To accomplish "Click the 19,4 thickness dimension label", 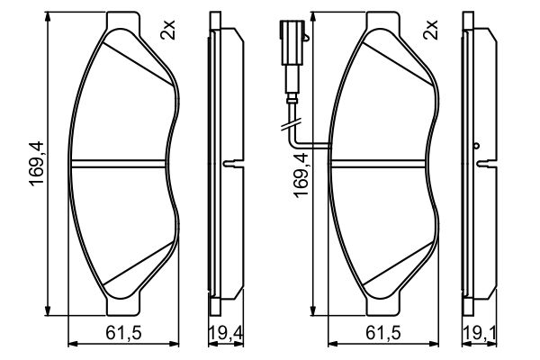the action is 226,334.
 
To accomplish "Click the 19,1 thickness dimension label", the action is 480,334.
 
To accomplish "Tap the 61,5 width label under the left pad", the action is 124,333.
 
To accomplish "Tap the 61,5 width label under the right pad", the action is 383,333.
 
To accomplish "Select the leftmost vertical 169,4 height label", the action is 37,164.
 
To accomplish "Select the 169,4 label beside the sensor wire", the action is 301,175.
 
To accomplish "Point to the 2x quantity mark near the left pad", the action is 168,30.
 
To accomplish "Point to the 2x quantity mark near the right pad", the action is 430,30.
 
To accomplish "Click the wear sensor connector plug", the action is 292,43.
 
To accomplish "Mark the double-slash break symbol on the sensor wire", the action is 291,124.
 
